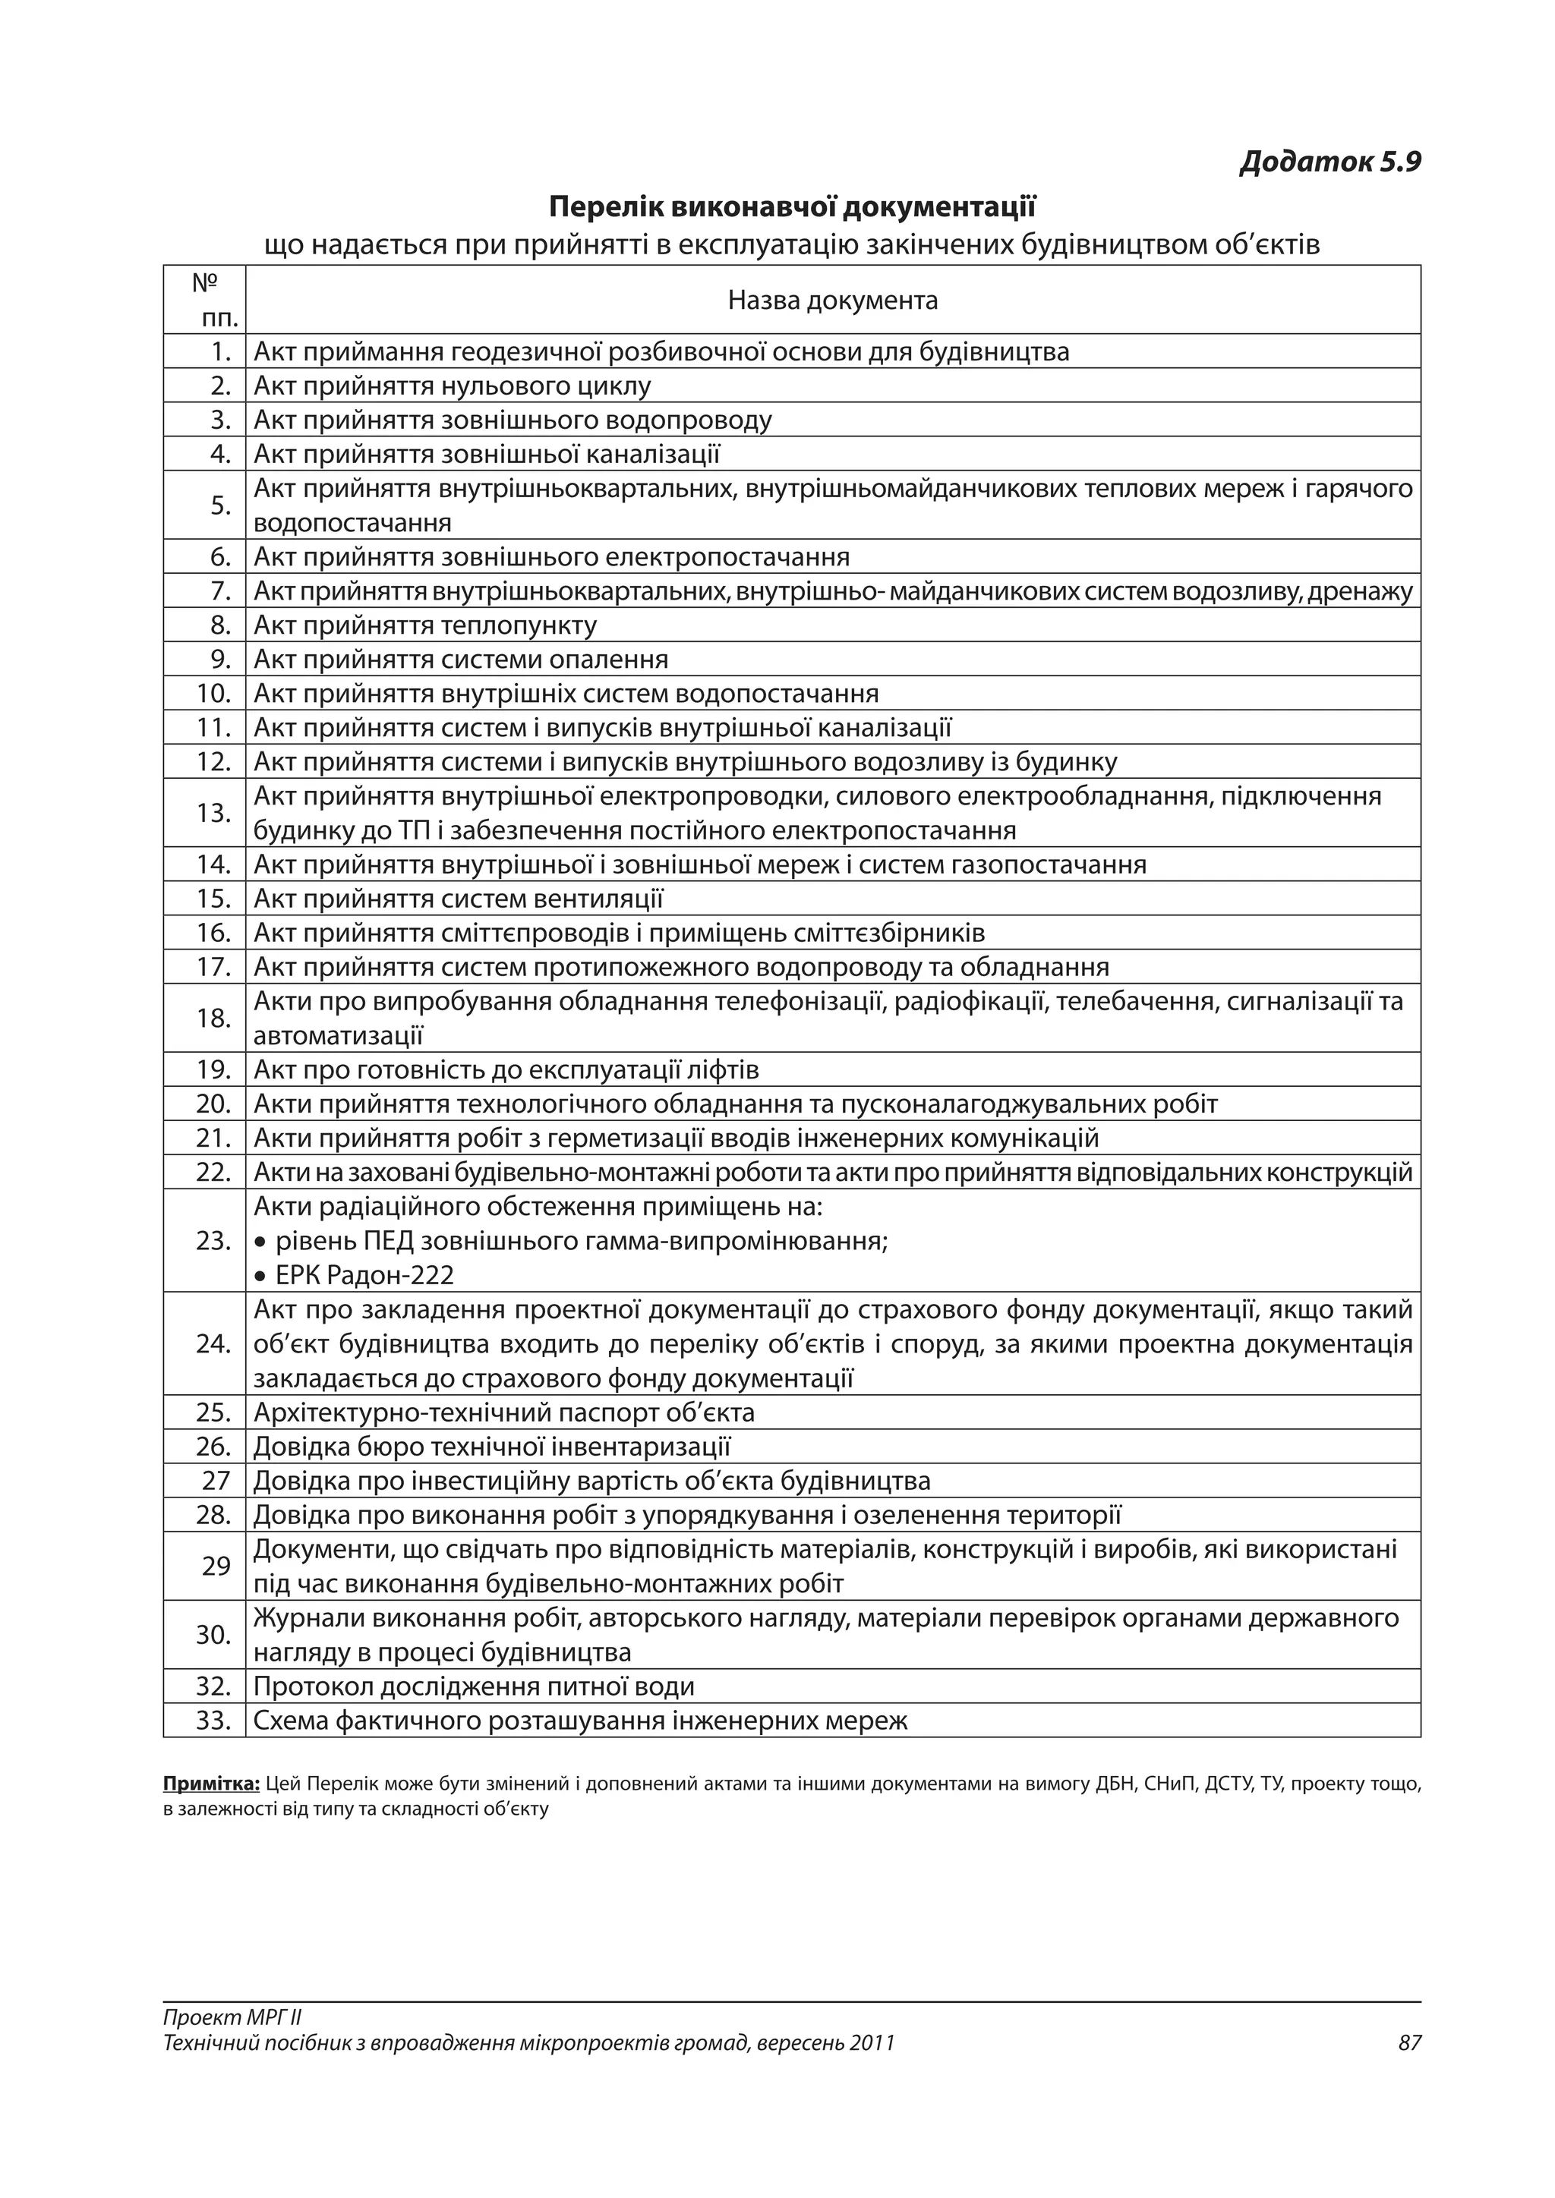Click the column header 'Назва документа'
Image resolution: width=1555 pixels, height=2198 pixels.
(x=832, y=301)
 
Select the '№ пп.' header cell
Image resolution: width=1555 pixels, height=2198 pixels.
(x=205, y=300)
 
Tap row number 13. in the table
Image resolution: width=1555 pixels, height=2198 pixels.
(x=213, y=813)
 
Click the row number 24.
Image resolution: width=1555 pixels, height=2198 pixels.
(x=213, y=1344)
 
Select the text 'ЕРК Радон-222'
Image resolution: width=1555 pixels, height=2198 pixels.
(x=364, y=1275)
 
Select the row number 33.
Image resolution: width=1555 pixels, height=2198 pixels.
(x=213, y=1721)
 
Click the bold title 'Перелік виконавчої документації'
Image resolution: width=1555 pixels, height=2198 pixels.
(x=792, y=206)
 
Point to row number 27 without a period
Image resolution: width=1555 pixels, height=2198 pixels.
(x=216, y=1481)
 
